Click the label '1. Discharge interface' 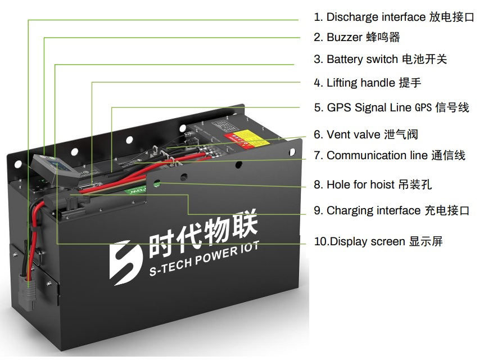393,17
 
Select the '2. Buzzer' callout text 356,38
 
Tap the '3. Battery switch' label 380,59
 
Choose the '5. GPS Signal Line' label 391,107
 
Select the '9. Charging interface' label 391,210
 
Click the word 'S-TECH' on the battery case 169,267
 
